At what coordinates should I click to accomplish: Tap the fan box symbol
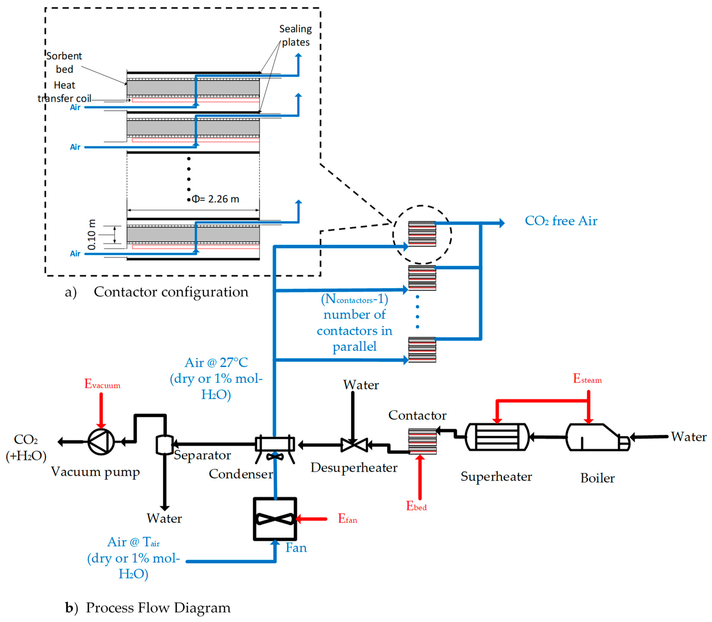[275, 519]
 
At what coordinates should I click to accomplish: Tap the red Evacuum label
[102, 384]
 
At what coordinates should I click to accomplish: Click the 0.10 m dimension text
[91, 235]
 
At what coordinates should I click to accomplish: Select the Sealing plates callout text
[295, 35]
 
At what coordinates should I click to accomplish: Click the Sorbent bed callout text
[64, 62]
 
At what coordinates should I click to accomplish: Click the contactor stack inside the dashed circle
[422, 234]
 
